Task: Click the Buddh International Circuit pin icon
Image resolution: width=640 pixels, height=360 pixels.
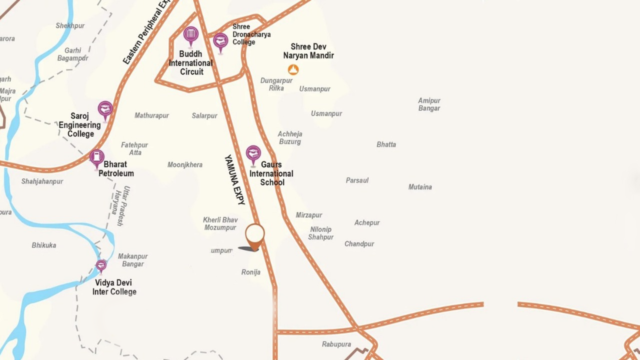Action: (190, 35)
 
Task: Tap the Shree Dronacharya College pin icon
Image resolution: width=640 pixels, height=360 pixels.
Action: (220, 41)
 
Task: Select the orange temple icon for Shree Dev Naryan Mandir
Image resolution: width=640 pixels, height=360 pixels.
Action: (293, 69)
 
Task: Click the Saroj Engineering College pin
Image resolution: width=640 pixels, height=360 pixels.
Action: (105, 109)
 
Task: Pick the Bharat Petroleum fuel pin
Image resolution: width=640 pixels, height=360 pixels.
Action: (96, 157)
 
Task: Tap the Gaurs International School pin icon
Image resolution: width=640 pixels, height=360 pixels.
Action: (253, 154)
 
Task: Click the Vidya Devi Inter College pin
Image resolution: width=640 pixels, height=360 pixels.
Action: (101, 265)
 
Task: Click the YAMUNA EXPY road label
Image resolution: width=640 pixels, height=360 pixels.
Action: (235, 180)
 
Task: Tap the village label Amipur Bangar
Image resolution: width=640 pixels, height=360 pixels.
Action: (429, 104)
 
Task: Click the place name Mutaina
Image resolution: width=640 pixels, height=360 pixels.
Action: (420, 187)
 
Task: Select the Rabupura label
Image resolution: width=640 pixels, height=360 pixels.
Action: (336, 344)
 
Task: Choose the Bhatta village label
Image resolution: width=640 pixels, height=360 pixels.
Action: (386, 144)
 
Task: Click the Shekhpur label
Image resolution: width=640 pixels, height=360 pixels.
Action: (70, 25)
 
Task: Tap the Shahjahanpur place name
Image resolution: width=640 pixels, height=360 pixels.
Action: (42, 181)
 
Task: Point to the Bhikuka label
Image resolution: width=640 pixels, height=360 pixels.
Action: (44, 245)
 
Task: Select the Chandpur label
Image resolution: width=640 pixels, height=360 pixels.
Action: (359, 244)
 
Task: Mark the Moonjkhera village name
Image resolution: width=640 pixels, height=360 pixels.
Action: (185, 165)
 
